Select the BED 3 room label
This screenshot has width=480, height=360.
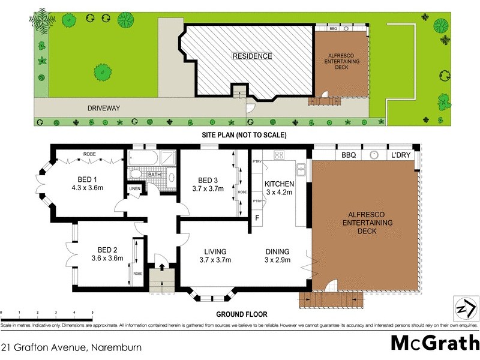point(208,180)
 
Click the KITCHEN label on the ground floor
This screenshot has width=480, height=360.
point(279,184)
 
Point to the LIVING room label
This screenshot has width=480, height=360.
point(215,251)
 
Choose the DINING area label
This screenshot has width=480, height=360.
point(278,251)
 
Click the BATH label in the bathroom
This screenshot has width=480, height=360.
point(155,176)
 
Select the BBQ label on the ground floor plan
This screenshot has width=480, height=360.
point(349,155)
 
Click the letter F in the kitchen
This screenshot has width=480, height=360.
point(257,217)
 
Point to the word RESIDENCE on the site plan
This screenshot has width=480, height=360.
point(252,56)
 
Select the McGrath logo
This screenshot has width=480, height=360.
point(431,343)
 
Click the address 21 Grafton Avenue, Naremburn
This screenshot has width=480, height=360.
point(61,347)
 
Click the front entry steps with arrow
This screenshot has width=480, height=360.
point(160,277)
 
